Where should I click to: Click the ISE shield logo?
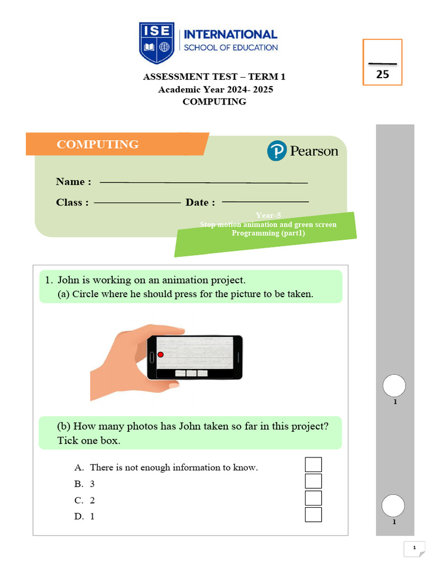157,42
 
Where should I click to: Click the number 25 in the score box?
383,74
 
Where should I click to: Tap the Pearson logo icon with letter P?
277,151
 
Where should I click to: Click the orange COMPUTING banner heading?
98,144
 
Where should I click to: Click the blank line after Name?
203,182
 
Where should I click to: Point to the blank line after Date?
265,202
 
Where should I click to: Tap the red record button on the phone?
160,355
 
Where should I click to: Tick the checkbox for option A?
313,465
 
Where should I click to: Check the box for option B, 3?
313,482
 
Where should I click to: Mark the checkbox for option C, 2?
313,498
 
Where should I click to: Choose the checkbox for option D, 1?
313,514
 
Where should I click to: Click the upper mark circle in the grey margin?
394,386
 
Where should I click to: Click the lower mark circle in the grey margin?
393,506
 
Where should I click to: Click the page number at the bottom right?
414,549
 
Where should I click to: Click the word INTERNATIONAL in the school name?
231,35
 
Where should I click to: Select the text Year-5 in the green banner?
268,215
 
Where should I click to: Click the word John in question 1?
69,280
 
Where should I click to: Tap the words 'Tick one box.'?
89,441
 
